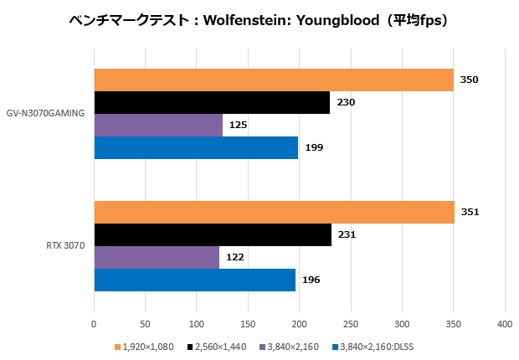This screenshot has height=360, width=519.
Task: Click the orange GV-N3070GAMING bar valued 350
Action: pos(273,80)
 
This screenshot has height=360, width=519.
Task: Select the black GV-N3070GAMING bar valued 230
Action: pos(211,103)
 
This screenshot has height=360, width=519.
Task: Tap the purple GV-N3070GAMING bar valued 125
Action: pos(158,126)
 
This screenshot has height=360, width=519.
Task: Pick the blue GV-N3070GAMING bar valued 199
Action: pos(196,148)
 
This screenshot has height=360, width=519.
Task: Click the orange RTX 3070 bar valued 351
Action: pos(274,213)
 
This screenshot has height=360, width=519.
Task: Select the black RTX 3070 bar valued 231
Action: pos(212,235)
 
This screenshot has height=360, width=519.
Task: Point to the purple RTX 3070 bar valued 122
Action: pos(157,258)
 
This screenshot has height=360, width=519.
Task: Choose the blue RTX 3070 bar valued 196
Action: pos(194,280)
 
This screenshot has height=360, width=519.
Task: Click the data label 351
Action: pos(470,213)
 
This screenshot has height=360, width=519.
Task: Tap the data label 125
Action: pos(238,126)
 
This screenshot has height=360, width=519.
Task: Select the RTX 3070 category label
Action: pos(64,246)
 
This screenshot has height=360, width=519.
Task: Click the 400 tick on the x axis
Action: pos(505,323)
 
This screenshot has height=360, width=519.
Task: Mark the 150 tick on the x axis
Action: pos(248,323)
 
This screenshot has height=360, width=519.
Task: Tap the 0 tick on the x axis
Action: pos(94,323)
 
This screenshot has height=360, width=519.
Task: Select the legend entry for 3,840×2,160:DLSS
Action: pos(370,346)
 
